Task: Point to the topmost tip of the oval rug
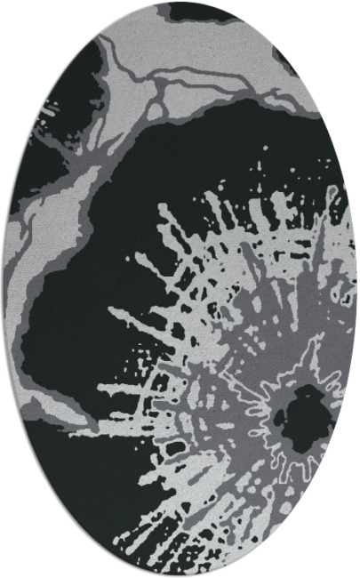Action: [x=180, y=3]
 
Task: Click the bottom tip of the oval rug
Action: [x=180, y=575]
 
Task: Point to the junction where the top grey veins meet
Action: [x=161, y=84]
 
